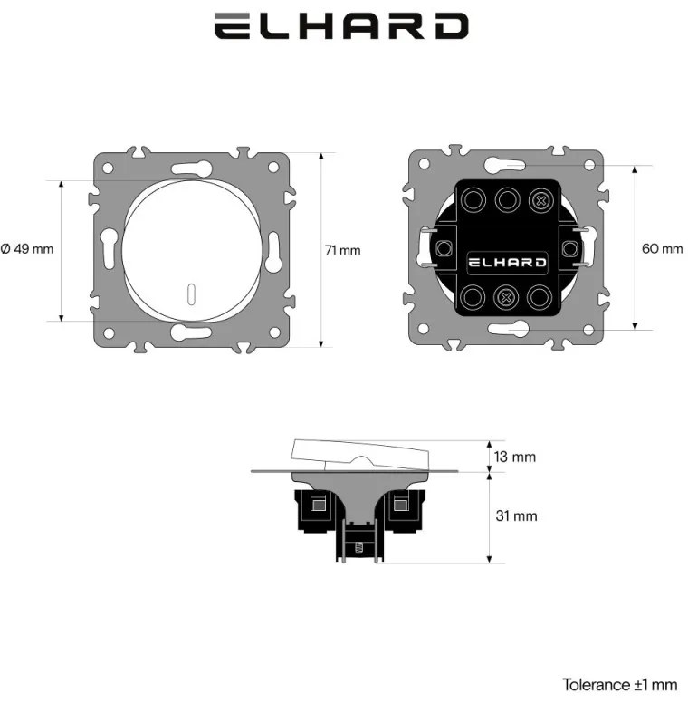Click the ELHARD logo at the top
pyautogui.click(x=341, y=26)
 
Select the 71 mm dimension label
pyautogui.click(x=342, y=250)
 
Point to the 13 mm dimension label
pyautogui.click(x=518, y=457)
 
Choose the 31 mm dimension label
pyautogui.click(x=518, y=516)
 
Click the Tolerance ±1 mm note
pyautogui.click(x=619, y=685)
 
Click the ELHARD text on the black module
pyautogui.click(x=506, y=263)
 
